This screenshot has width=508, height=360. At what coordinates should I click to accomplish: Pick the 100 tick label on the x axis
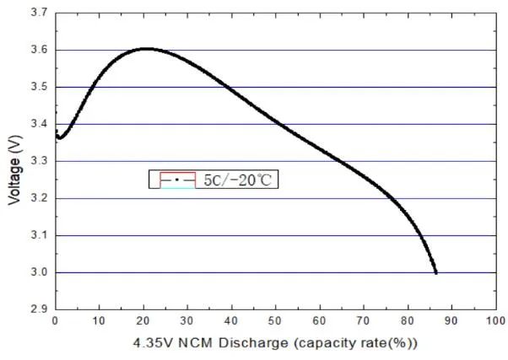(x=494, y=320)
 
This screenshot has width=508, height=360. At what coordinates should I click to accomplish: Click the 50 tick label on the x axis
(x=274, y=320)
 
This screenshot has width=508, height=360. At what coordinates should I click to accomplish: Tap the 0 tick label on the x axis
(x=55, y=320)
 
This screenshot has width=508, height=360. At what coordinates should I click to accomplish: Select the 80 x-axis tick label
(x=407, y=320)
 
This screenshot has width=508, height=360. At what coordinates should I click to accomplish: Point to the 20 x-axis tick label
(x=143, y=320)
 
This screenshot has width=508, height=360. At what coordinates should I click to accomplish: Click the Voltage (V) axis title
(x=14, y=161)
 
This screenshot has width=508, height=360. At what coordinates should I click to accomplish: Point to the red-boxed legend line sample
(x=172, y=180)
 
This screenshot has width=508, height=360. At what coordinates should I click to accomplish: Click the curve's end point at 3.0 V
(x=435, y=272)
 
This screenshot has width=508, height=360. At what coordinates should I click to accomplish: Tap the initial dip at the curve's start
(x=59, y=137)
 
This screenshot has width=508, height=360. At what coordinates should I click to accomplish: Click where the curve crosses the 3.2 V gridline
(x=389, y=198)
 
